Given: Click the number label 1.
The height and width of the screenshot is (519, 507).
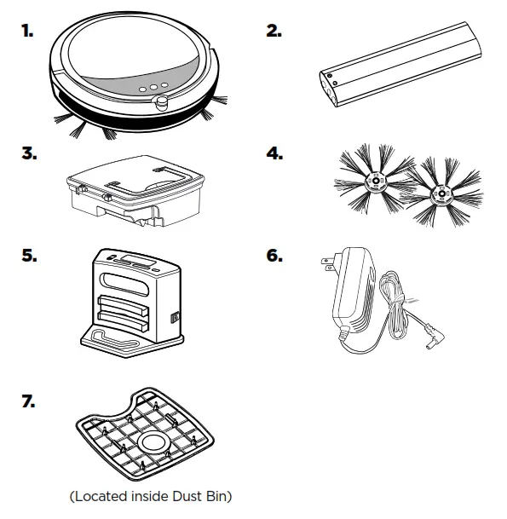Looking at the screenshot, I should point(28,31).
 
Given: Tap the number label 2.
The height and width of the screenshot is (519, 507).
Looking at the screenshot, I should point(274,31).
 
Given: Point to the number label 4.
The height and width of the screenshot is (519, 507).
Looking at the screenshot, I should point(274,154).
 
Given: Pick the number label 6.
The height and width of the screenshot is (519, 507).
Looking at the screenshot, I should point(274,256).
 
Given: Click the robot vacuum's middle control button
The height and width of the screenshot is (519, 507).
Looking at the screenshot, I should point(142,86).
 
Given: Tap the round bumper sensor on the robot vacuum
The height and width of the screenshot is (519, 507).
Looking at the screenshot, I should point(160,103).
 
